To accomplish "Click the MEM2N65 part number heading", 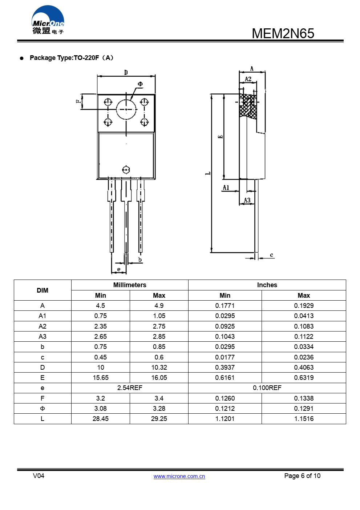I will coord(283,33).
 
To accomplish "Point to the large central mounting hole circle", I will coord(126,109).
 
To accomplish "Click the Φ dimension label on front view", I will coord(140,84).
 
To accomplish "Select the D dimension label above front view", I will coord(126,72).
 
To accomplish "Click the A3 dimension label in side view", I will coord(247,200).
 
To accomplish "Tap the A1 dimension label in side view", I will coord(226,188).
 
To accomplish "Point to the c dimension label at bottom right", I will coord(271,255).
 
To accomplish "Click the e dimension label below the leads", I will coord(119,269).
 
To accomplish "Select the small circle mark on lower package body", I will coord(126,170).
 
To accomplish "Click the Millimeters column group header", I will coord(130,285).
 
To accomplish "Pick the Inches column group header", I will coord(267,285).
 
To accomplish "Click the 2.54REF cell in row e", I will coord(130,388).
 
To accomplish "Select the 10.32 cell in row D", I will coord(159,368).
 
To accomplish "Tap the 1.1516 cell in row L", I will coord(304,419).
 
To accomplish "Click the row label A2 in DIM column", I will coord(43,326).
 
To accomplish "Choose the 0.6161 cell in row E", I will coord(225,378).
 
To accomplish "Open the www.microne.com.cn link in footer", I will coord(179,476).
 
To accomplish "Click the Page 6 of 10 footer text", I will coord(302,476).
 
